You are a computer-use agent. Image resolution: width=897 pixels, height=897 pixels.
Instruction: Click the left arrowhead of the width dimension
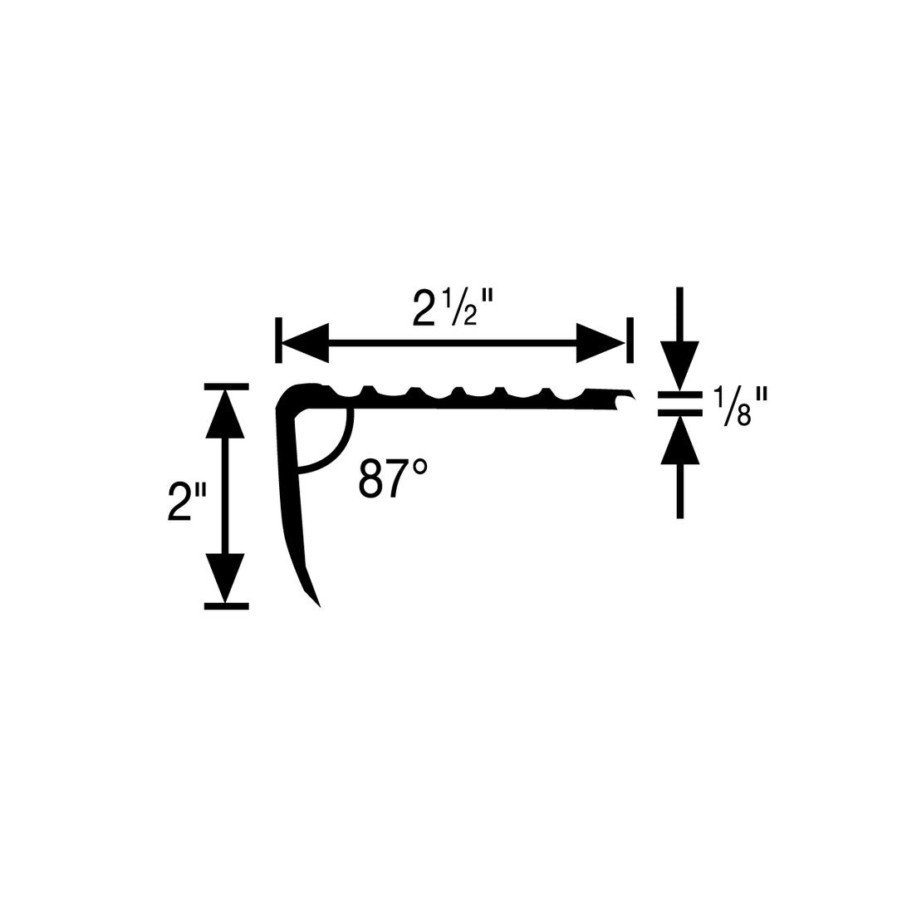(x=305, y=343)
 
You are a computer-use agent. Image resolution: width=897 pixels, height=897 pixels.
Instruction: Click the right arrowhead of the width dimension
(x=600, y=343)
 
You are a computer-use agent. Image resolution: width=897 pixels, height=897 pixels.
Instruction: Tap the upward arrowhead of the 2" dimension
(x=225, y=414)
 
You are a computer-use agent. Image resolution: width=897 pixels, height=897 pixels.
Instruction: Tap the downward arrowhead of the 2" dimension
(x=225, y=578)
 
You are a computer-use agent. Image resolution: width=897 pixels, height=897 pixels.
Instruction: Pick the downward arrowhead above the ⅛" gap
(x=679, y=365)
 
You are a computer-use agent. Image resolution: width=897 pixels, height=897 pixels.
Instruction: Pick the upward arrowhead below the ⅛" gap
(x=679, y=439)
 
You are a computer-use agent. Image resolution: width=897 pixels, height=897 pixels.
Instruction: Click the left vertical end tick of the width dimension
(x=278, y=341)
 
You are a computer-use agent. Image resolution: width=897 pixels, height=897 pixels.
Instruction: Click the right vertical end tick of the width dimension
(x=630, y=341)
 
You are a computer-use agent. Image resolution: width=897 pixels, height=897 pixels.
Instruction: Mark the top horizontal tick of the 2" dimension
(x=227, y=387)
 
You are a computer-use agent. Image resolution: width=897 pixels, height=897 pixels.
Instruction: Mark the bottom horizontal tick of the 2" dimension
(x=227, y=606)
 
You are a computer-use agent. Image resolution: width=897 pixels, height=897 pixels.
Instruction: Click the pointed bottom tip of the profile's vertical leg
(x=319, y=606)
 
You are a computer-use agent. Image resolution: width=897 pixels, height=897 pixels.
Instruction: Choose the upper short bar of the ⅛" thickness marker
(x=679, y=395)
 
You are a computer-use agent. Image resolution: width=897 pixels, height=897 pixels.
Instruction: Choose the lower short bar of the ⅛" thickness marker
(x=679, y=412)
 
